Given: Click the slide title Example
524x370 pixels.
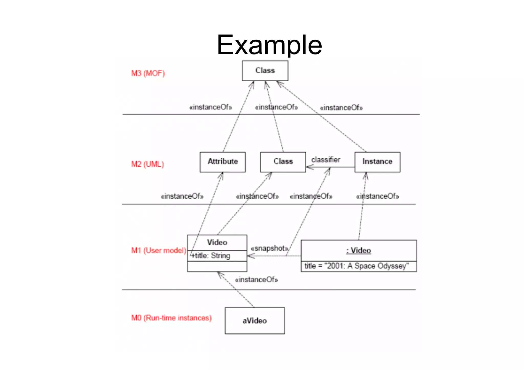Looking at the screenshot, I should (x=269, y=45).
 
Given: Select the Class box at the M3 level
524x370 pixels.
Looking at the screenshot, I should (x=265, y=71).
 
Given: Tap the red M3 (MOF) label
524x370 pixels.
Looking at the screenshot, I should (x=148, y=73).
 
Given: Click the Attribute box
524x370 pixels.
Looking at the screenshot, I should (x=223, y=162).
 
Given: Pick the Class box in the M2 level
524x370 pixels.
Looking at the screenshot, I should (x=283, y=162).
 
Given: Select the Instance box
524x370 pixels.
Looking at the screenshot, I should (x=377, y=162).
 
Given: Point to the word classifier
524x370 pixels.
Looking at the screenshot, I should (x=325, y=160).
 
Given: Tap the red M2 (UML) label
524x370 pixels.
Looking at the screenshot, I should (x=147, y=164).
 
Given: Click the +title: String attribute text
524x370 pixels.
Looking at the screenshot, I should (x=211, y=256).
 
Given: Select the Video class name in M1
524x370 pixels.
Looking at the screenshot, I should (x=217, y=242).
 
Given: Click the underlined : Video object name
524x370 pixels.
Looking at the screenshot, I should (x=358, y=251).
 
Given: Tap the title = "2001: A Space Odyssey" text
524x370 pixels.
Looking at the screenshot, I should (x=356, y=266).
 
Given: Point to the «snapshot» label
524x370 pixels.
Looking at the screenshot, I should (x=270, y=248).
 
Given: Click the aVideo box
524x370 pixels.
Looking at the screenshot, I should (x=255, y=321).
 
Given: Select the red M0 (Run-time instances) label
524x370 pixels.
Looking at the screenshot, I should (x=171, y=318).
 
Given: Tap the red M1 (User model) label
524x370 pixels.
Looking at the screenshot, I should (x=158, y=250).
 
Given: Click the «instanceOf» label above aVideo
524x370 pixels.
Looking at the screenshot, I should (x=256, y=280).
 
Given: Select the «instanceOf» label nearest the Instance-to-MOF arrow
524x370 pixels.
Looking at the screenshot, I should (x=341, y=108).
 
